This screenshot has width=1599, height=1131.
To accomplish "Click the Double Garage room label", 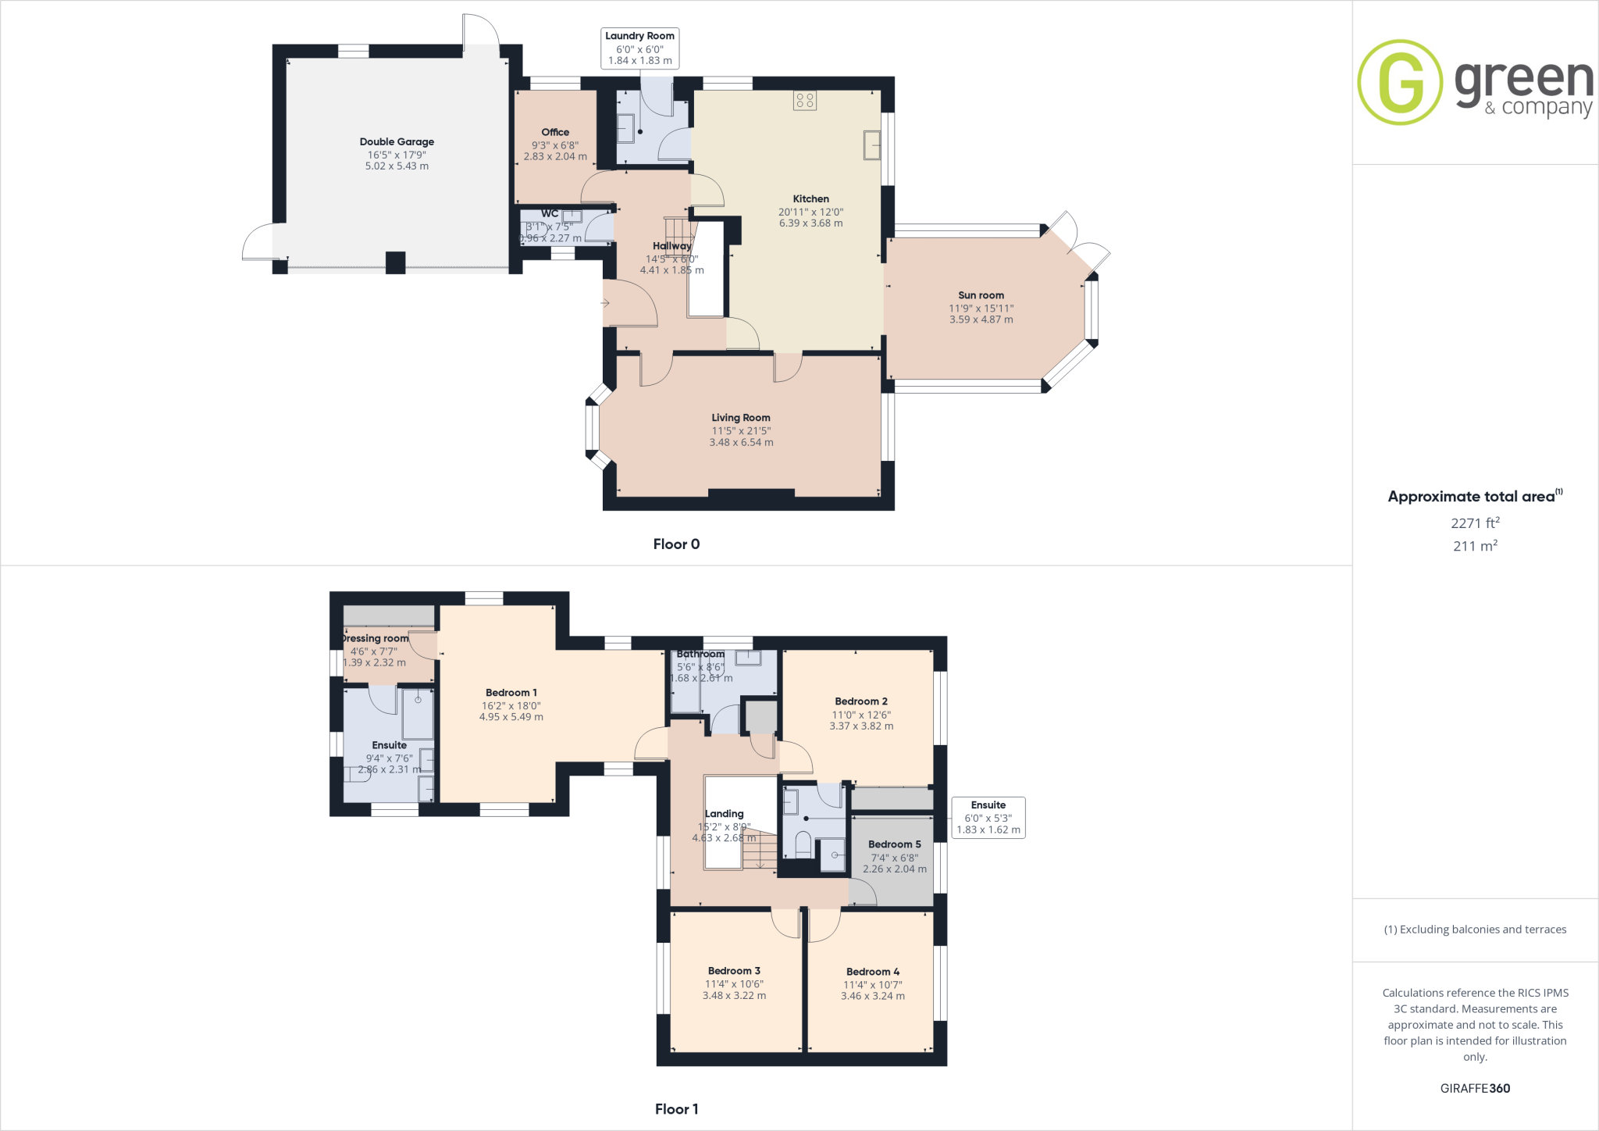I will tap(397, 141).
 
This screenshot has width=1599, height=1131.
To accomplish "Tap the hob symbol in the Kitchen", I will tap(805, 100).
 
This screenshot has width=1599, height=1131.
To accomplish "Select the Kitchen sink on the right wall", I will tap(871, 146).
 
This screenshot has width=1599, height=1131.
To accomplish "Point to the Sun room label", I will tap(981, 295).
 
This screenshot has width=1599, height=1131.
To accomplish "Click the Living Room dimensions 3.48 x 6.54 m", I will tap(741, 442).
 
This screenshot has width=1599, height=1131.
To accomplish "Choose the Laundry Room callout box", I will tap(639, 48).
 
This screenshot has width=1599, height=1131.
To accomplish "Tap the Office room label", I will tap(555, 132).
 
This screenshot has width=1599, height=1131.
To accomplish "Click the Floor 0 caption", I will tap(676, 544).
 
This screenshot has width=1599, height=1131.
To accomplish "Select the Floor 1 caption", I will tap(676, 1109).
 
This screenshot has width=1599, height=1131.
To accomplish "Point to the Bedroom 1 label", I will tap(511, 693).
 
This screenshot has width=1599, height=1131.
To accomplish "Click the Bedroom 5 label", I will tap(894, 844).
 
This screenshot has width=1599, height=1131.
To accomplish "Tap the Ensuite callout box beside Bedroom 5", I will tap(988, 817).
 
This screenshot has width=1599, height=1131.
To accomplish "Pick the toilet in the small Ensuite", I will tap(803, 844).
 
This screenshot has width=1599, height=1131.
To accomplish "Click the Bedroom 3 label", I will tap(734, 971).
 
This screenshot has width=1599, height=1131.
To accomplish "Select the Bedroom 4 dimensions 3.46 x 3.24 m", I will tap(872, 996).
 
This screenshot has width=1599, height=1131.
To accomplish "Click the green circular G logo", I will tap(1400, 82).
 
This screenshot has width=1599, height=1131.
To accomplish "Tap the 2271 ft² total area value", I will tap(1475, 523).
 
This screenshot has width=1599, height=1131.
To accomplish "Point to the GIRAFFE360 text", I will tap(1475, 1088).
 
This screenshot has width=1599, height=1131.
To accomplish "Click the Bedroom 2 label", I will tap(860, 701).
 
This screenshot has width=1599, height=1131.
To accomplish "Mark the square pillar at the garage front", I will tap(396, 262).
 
